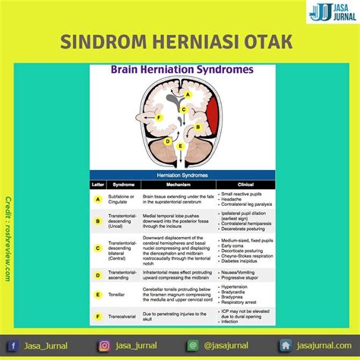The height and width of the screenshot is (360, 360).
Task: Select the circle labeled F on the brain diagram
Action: (x=159, y=118)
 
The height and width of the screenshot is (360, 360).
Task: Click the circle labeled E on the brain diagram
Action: (x=179, y=144)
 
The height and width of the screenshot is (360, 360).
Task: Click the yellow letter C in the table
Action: (x=97, y=248)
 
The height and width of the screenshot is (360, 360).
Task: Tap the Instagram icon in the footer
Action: (x=104, y=346)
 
